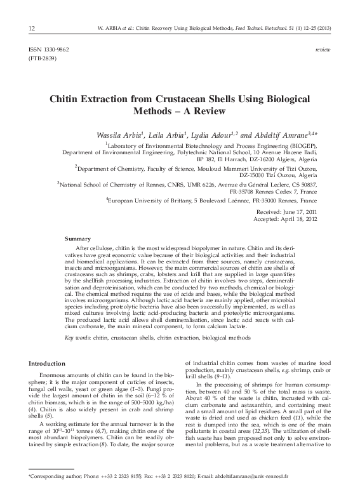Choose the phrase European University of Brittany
147,200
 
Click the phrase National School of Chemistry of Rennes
102,183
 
